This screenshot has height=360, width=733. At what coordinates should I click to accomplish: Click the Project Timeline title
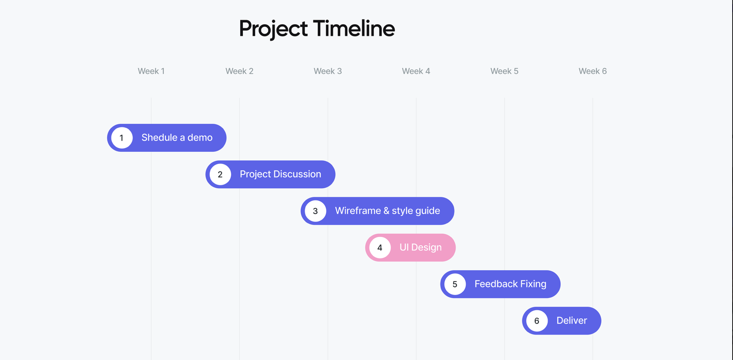[317, 29]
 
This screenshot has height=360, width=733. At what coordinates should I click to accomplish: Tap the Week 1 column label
[151, 71]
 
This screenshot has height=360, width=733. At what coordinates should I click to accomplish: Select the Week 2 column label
[239, 71]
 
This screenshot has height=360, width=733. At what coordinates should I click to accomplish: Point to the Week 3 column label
[328, 71]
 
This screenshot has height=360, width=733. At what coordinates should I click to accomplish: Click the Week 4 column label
[416, 71]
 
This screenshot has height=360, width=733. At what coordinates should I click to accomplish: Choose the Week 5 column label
[504, 71]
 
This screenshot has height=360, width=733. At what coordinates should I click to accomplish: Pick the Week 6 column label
[593, 71]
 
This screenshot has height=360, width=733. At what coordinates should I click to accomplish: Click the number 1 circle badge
[122, 138]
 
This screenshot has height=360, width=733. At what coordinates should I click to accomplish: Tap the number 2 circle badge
[220, 175]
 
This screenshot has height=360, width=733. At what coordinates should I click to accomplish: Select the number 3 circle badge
[315, 211]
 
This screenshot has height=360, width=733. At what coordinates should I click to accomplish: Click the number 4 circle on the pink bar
[380, 247]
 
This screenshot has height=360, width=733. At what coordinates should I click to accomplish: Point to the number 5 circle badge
[455, 284]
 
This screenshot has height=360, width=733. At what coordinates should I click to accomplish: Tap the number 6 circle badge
[537, 321]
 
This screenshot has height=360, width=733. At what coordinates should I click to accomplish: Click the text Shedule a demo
[177, 138]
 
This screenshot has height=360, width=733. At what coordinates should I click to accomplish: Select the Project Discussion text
[280, 174]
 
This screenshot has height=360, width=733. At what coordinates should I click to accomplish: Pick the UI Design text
[420, 247]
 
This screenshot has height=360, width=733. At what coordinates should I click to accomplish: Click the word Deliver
[571, 320]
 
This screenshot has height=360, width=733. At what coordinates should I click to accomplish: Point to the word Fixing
[533, 284]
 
